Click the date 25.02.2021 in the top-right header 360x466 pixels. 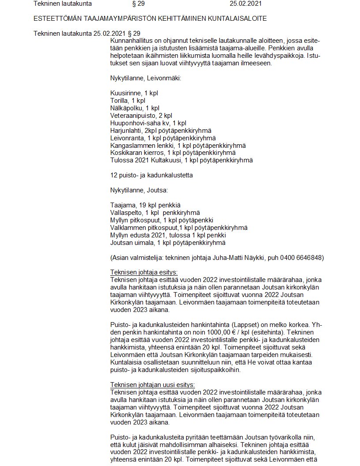[245, 4]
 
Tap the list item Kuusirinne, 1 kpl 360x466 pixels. [134, 93]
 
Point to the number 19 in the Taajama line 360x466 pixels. [143, 205]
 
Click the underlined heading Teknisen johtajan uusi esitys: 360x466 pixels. [152, 384]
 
